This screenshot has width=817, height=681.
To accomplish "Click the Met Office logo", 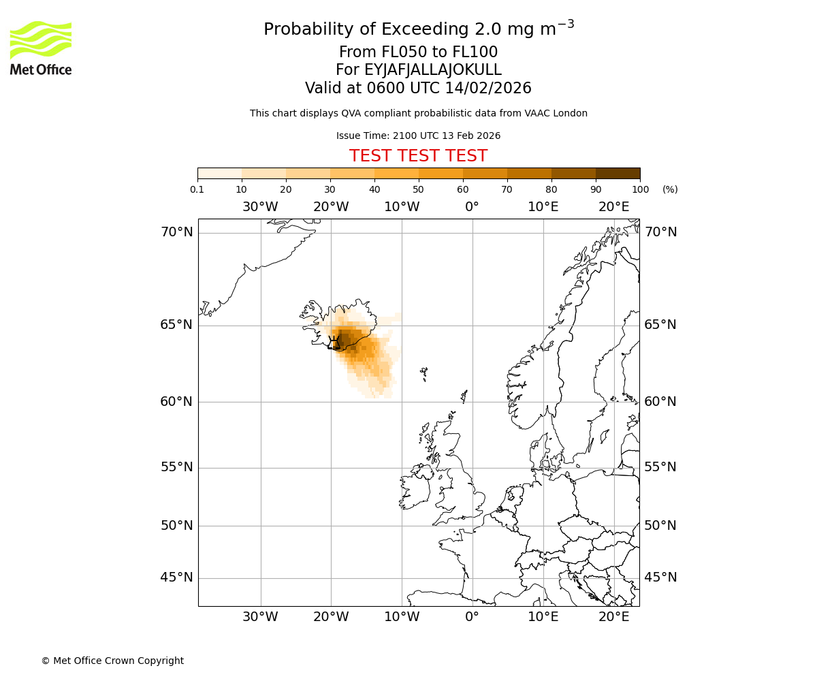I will [x=41, y=48].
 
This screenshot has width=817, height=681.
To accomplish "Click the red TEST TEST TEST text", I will [x=418, y=156].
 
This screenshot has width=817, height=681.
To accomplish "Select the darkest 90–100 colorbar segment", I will [x=618, y=173].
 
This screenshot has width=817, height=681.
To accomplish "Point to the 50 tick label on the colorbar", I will [x=418, y=189].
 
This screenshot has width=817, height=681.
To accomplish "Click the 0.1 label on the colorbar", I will [x=197, y=189].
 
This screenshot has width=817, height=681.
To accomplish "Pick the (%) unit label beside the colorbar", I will [x=670, y=189].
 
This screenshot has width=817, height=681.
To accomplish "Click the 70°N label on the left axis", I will [x=176, y=232].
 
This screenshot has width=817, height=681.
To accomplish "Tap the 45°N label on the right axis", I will [x=660, y=577].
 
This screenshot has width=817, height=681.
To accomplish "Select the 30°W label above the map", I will [x=260, y=207].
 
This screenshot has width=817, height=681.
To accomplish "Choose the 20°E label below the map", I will [x=613, y=617].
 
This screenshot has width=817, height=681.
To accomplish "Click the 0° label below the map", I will [x=472, y=617].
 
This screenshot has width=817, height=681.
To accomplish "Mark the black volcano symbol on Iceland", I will [x=334, y=343].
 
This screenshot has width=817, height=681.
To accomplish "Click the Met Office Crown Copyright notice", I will [x=112, y=661].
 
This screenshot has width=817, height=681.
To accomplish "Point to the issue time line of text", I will [x=418, y=136].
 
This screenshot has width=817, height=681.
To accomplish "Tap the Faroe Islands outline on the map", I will [x=423, y=373].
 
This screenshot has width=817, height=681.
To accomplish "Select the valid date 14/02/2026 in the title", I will [x=488, y=89].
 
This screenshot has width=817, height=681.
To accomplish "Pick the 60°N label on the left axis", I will [x=176, y=402].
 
